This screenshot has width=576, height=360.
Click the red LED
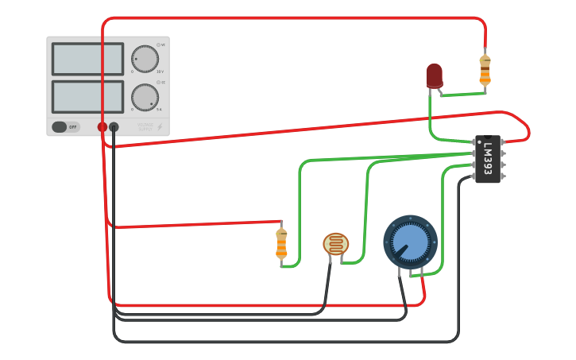434,75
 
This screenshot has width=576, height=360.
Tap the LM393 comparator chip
487,159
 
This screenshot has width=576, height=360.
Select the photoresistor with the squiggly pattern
335,243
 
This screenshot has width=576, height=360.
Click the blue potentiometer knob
410,242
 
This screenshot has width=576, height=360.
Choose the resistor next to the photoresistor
281,243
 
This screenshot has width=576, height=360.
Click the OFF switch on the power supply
66,126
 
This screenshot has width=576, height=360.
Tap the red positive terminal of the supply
102,127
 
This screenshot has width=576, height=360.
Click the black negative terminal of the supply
114,127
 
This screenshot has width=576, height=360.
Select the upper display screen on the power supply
87,60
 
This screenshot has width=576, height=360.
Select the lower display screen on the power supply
87,96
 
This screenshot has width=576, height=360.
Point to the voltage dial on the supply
145,59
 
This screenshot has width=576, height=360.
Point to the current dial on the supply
145,97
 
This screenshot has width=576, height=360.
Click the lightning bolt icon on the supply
160,126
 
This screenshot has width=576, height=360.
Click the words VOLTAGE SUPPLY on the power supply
145,126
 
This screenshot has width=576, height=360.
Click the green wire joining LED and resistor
461,95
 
